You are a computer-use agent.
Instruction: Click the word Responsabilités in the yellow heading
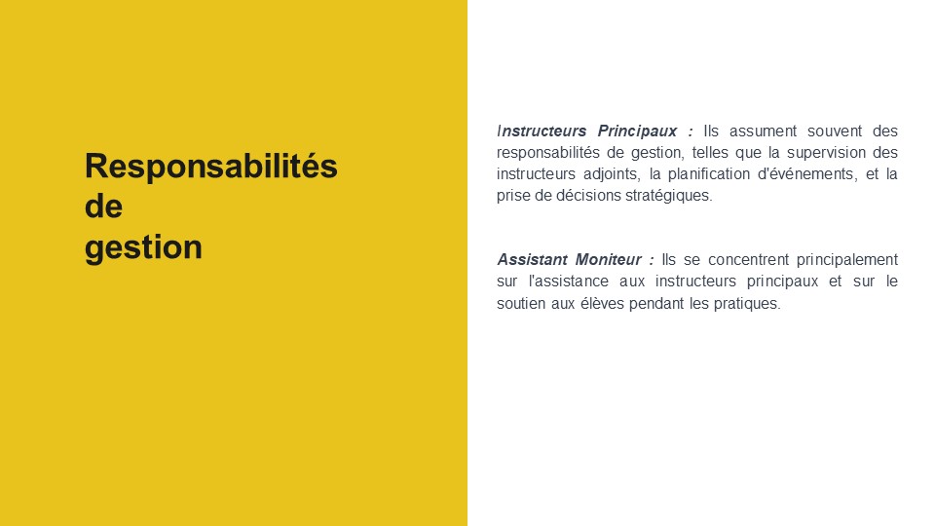click(x=211, y=167)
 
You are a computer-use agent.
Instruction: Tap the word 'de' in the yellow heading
click(x=104, y=207)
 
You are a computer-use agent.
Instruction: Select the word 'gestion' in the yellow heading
click(x=143, y=247)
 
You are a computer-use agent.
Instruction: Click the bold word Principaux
click(x=637, y=131)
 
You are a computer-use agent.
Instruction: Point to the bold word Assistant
click(x=533, y=260)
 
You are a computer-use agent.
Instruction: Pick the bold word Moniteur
click(x=608, y=260)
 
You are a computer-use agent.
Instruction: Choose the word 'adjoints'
click(x=611, y=174)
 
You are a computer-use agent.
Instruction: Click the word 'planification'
click(x=708, y=174)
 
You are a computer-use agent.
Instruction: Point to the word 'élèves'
click(x=602, y=304)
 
